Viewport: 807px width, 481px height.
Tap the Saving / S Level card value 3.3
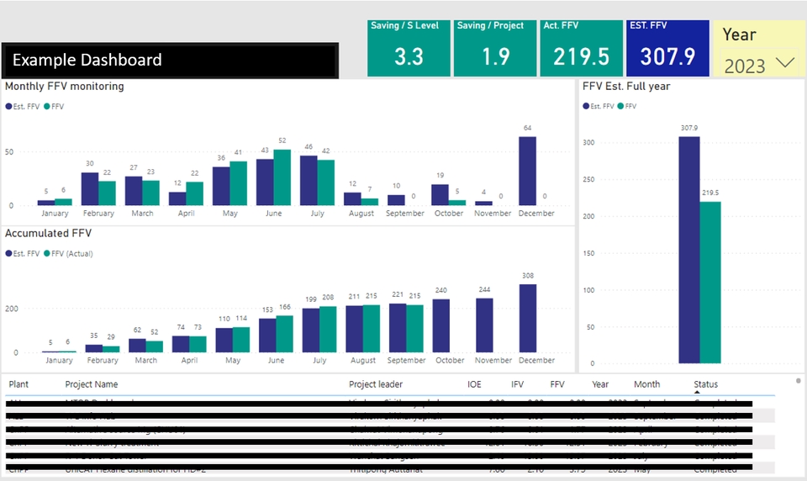pyautogui.click(x=409, y=56)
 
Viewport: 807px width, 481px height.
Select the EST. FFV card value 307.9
pyautogui.click(x=668, y=56)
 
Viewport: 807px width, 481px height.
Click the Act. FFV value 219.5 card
pyautogui.click(x=581, y=56)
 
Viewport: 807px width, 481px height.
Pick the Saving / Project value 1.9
pyautogui.click(x=495, y=56)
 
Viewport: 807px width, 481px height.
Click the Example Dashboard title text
pyautogui.click(x=87, y=61)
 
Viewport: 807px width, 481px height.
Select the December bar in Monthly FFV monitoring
pyautogui.click(x=527, y=172)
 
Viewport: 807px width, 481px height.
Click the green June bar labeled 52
pyautogui.click(x=282, y=177)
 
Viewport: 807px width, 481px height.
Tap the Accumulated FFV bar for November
pyautogui.click(x=484, y=325)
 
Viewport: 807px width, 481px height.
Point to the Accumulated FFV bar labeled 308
pyautogui.click(x=528, y=319)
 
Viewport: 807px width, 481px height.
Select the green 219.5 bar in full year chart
pyautogui.click(x=710, y=283)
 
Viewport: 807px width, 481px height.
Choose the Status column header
pyautogui.click(x=705, y=384)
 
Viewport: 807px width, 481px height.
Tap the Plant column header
pyautogui.click(x=18, y=384)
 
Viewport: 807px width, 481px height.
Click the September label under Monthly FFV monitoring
pyautogui.click(x=405, y=214)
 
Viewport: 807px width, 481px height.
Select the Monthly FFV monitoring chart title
pyautogui.click(x=65, y=87)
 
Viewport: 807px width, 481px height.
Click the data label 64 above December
pyautogui.click(x=527, y=129)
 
